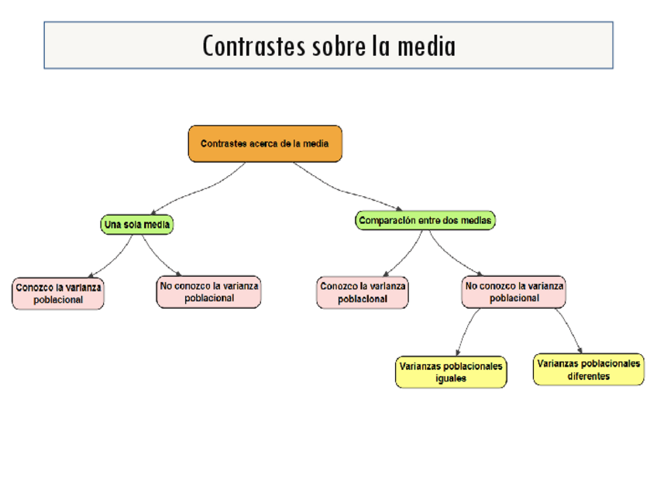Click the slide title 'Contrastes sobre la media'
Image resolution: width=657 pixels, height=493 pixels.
click(x=328, y=46)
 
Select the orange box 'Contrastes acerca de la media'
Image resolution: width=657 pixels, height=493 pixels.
click(x=265, y=144)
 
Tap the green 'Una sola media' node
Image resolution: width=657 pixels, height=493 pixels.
click(x=137, y=225)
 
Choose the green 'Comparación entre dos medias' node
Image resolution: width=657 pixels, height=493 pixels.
click(x=425, y=221)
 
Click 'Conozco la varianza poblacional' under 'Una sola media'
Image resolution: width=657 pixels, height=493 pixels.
click(x=58, y=294)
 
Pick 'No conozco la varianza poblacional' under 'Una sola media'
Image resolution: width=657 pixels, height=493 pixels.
click(x=208, y=292)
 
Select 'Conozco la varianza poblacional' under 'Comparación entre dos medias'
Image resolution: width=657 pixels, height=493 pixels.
click(x=363, y=292)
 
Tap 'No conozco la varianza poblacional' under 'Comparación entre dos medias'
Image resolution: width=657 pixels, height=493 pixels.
click(x=514, y=291)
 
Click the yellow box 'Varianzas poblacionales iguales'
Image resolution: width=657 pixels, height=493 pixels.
click(x=451, y=372)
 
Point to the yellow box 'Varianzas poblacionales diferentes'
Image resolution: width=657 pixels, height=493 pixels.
click(x=589, y=369)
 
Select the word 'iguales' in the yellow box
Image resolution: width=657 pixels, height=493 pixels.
click(x=451, y=378)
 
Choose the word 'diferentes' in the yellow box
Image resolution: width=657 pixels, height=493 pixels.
click(x=589, y=376)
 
